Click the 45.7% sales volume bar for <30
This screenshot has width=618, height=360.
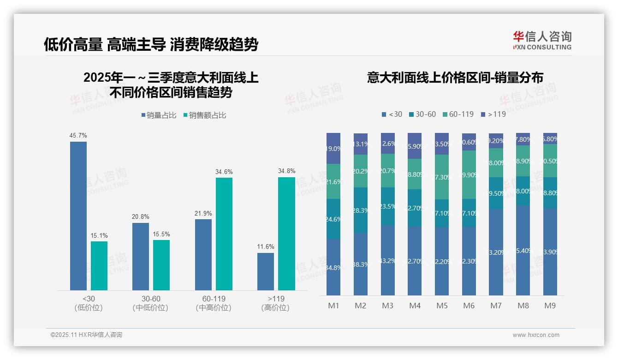(78, 216)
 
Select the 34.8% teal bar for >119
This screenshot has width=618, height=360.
(286, 234)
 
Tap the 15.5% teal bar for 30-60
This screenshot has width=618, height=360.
(161, 265)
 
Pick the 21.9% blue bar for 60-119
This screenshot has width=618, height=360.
(203, 254)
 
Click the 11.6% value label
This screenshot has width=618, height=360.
(266, 246)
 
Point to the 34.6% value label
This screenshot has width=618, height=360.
(224, 172)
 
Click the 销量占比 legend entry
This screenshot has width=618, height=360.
(159, 115)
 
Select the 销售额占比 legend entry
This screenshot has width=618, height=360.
(205, 115)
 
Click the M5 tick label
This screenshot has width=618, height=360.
(442, 306)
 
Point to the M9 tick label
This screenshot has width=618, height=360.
(550, 306)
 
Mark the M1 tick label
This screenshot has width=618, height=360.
(333, 306)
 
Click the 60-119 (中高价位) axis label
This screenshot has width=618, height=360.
(214, 303)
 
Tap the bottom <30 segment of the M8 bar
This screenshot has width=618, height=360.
(523, 250)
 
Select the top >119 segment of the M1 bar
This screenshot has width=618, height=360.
(333, 148)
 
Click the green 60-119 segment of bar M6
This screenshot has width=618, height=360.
(469, 174)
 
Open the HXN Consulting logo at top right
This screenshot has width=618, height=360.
(542, 41)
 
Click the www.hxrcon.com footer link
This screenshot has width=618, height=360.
(536, 335)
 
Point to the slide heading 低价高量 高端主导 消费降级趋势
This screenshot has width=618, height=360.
(151, 44)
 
